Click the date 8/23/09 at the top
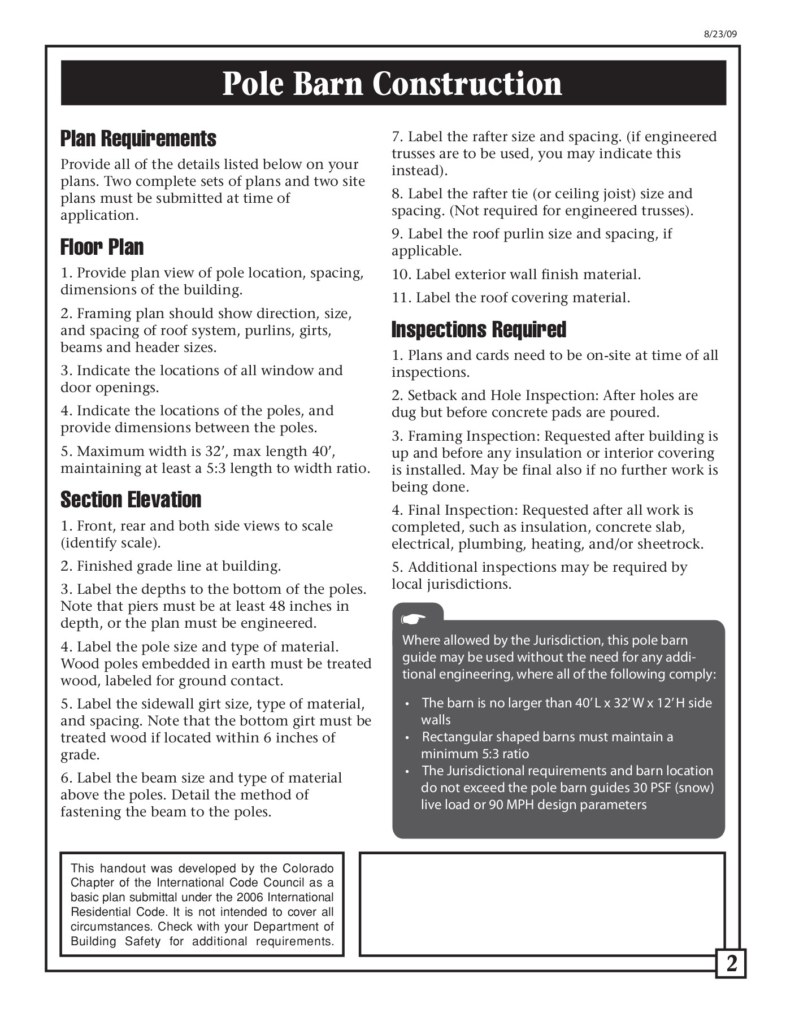click(x=720, y=33)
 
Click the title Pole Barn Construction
click(x=392, y=84)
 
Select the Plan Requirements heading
click(x=138, y=138)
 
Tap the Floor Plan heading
click(x=102, y=247)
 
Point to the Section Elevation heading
click(x=131, y=499)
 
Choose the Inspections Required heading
click(x=479, y=329)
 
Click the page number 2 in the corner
click(x=731, y=963)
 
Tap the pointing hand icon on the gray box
click(x=414, y=619)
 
